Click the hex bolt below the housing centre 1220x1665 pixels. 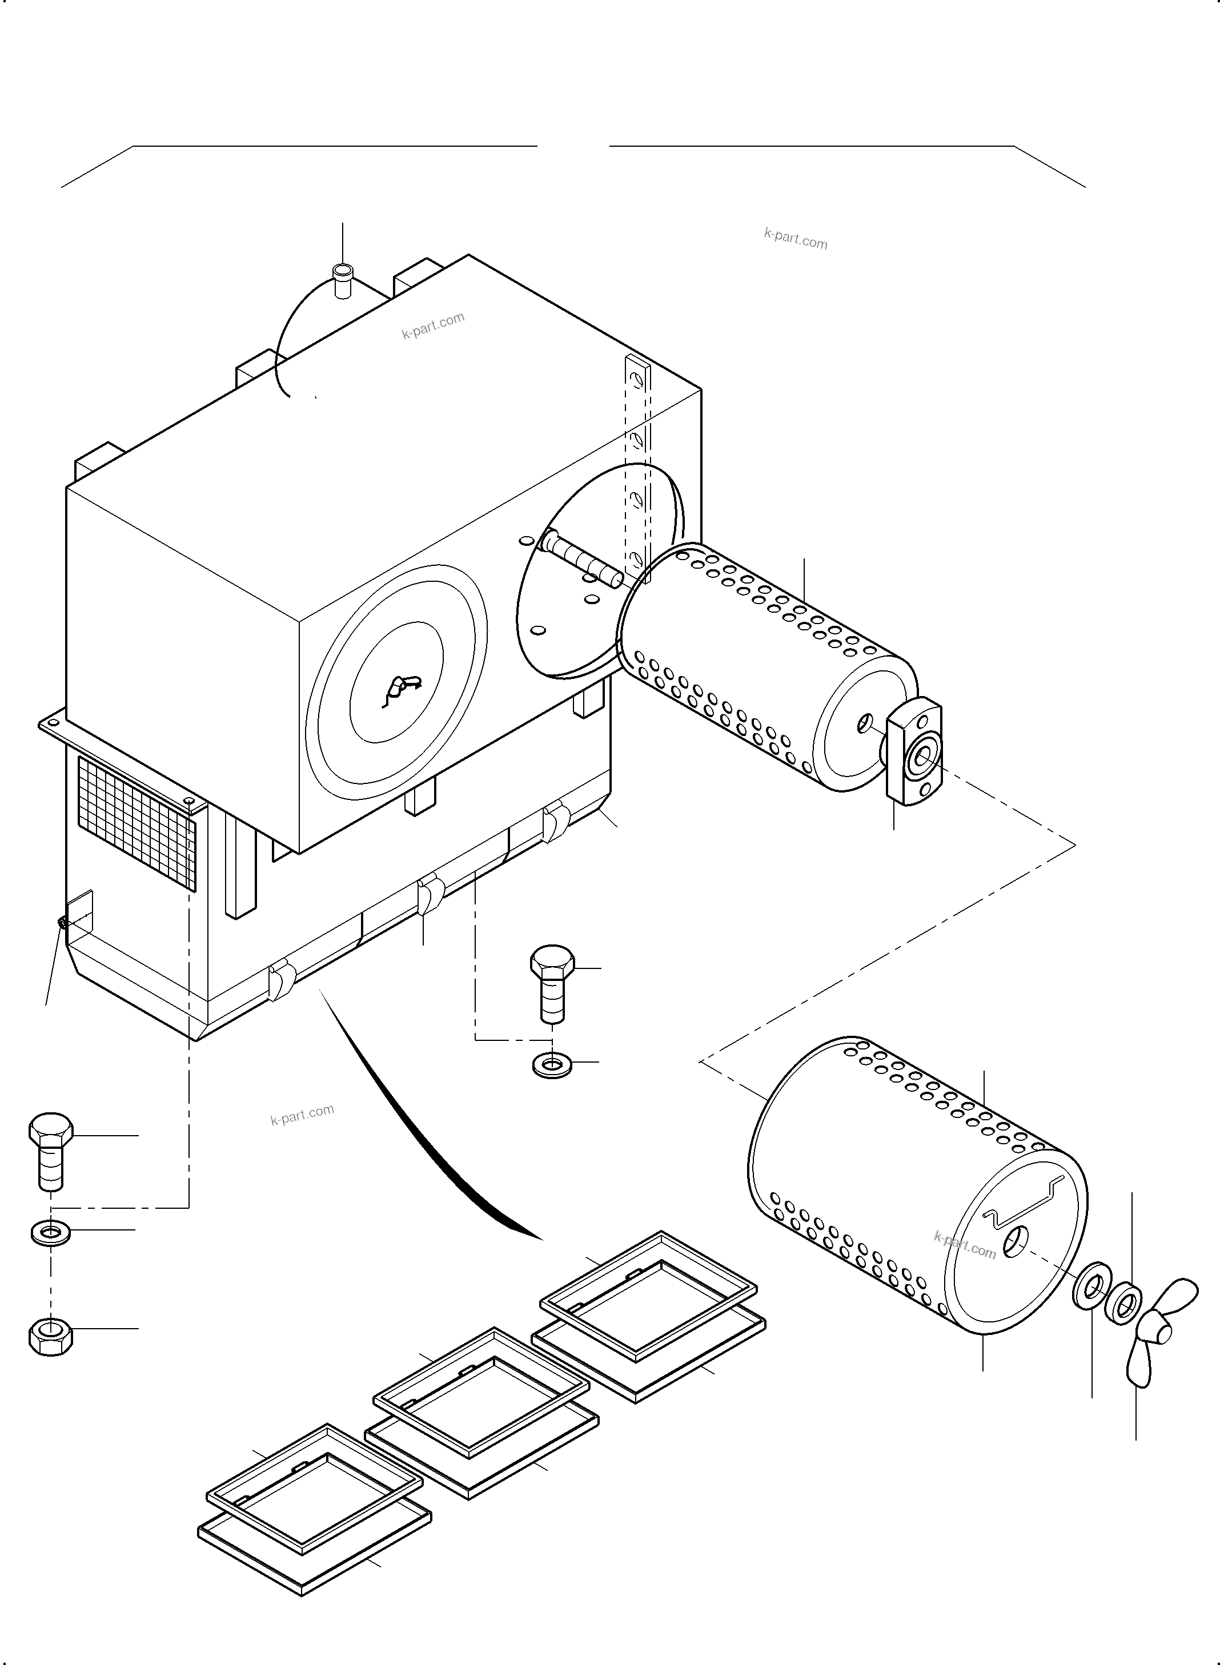[x=552, y=983]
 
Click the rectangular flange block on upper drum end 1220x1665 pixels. [x=916, y=753]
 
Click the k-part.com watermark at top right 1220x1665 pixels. [x=796, y=239]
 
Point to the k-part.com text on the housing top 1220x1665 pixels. [x=433, y=325]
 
